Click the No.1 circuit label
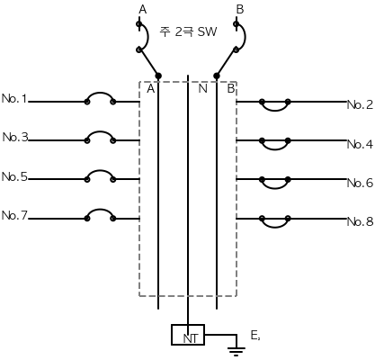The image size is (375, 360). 14,98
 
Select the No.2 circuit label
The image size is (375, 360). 360,104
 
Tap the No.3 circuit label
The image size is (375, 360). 15,137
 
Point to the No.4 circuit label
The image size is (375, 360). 360,144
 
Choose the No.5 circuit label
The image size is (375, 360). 14,176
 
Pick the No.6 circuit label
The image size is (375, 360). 360,183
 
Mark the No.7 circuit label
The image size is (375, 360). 14,215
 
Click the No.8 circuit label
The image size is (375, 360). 360,221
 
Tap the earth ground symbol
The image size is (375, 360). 237,350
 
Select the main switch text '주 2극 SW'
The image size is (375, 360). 188,31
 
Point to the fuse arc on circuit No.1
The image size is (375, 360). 100,94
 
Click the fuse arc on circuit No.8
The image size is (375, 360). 275,227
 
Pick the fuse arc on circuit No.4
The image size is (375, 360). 275,149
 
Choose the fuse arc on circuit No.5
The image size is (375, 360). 100,171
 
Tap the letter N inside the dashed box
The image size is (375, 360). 203,89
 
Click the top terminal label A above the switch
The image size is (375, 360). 143,10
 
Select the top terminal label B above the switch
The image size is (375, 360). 240,10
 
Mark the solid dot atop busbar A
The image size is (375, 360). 158,76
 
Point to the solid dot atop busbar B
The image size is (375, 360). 217,76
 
